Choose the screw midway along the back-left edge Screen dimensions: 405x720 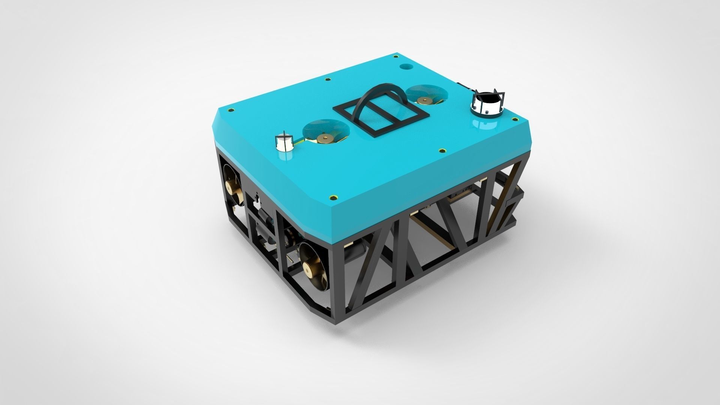[x=328, y=79]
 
